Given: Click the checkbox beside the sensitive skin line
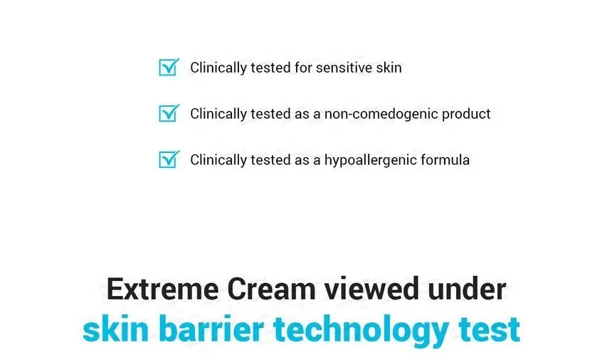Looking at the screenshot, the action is coord(169,67).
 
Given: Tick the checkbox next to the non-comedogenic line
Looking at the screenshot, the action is coord(169,113).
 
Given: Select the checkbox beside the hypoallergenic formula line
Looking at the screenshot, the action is coord(169,159).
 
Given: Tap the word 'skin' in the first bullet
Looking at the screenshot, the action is coord(389,68).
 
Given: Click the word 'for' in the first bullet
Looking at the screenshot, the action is coord(303,68).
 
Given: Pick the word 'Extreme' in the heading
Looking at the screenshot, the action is coord(163,290).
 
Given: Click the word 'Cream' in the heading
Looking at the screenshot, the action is coord(271,290).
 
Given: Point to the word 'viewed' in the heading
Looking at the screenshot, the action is coord(371,290).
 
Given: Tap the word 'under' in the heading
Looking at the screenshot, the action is coord(467,290).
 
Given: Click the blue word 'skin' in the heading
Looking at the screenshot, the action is coord(116,329).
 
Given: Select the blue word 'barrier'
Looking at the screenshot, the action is coord(211,329).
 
